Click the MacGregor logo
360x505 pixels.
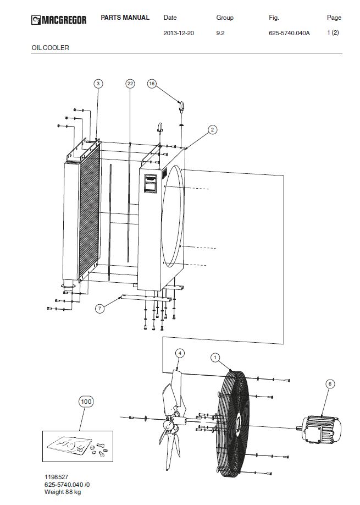coord(59,20)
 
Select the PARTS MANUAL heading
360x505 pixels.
coord(125,18)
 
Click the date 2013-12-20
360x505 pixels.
coord(179,33)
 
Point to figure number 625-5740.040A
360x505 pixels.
coord(289,33)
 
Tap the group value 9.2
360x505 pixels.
coord(220,33)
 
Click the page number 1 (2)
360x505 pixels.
coord(333,32)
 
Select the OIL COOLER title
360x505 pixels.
coord(50,48)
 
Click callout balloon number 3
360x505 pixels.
coord(98,84)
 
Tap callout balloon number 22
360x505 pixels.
coord(130,84)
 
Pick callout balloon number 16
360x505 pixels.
coord(152,84)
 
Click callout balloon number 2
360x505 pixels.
coord(212,130)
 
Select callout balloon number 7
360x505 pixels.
coord(99,309)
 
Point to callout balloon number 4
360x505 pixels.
coord(180,353)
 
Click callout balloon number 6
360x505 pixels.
coord(330,384)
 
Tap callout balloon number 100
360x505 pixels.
coord(86,402)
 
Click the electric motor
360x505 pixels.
coord(319,429)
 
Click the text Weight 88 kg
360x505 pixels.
coord(63,492)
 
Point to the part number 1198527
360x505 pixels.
coord(56,477)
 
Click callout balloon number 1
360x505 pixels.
coord(215,358)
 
